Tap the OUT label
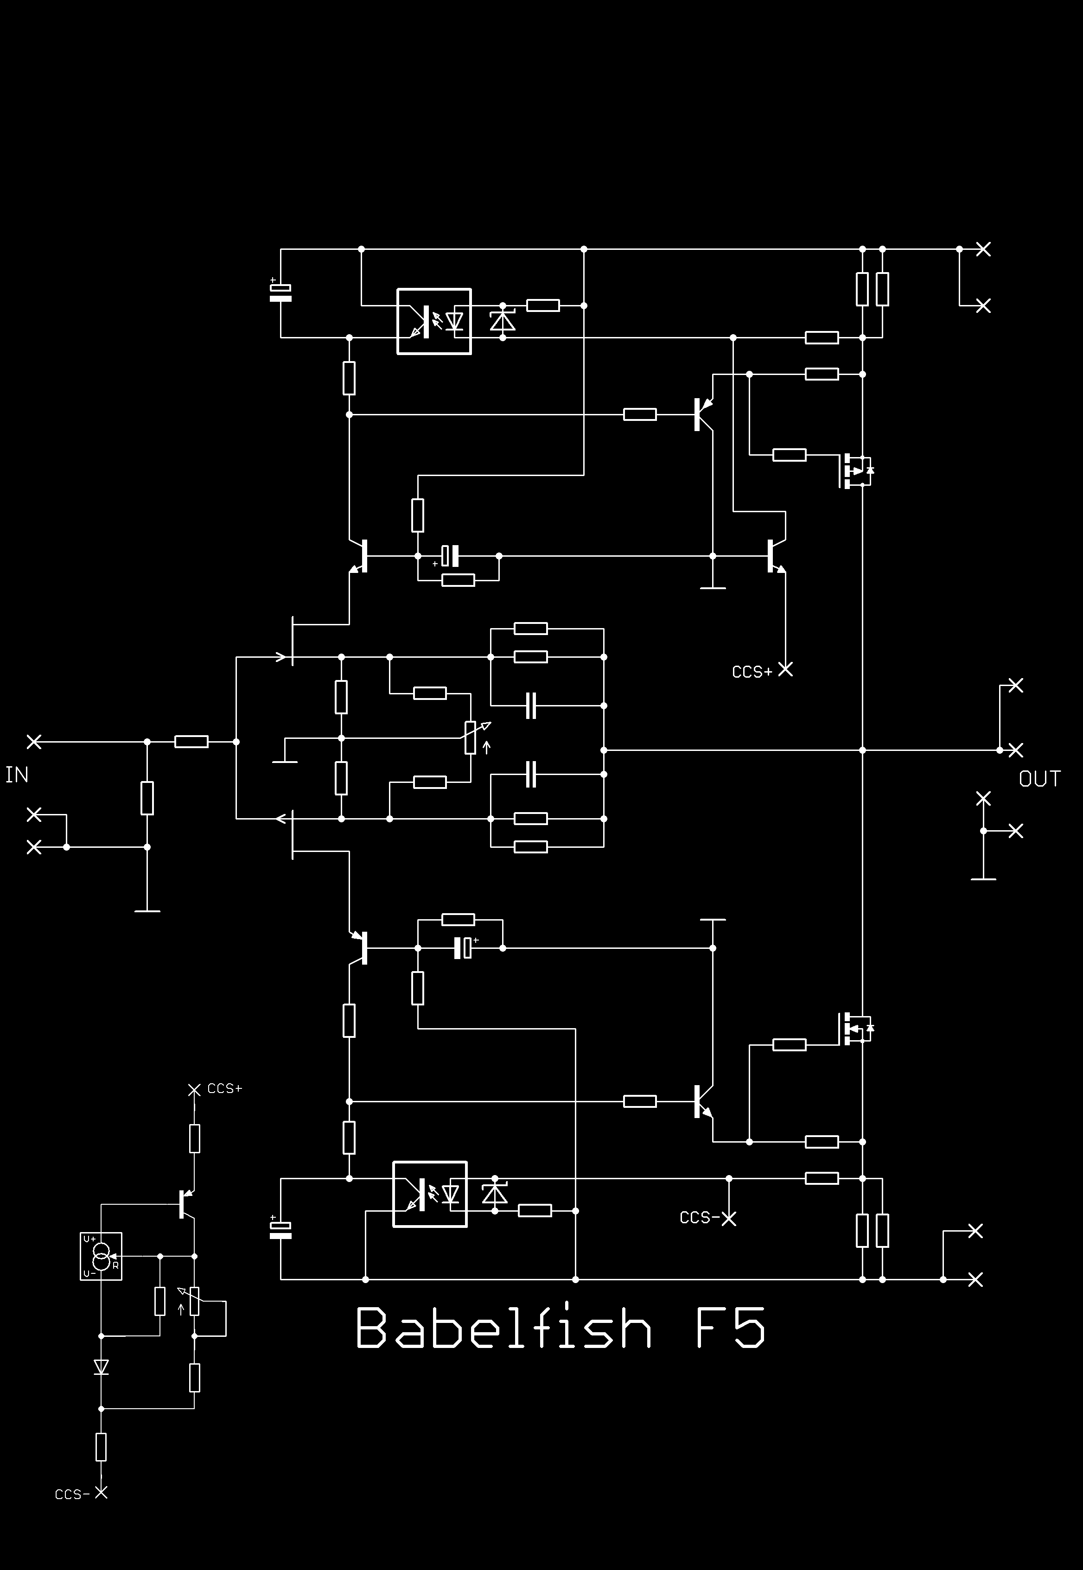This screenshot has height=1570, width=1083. (x=1039, y=778)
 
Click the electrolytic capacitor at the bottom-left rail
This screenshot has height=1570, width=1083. (x=280, y=1229)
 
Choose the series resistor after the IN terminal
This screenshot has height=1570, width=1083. (x=191, y=742)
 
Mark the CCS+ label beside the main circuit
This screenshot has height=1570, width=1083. (x=752, y=672)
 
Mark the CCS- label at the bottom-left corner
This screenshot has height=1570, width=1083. (x=72, y=1494)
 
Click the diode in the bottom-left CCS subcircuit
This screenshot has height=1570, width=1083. (x=101, y=1367)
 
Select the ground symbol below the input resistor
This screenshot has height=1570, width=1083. (x=147, y=910)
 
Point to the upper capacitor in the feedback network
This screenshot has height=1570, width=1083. (x=531, y=706)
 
